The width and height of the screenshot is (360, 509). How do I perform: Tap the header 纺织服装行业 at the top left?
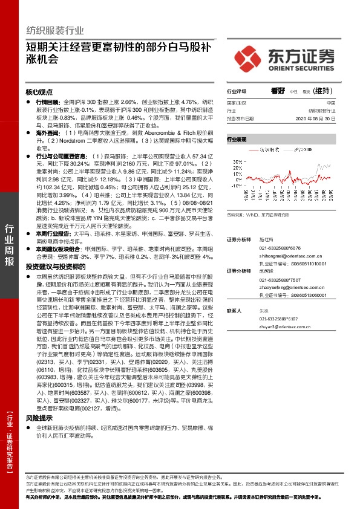55,30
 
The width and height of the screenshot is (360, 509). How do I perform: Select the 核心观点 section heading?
40,92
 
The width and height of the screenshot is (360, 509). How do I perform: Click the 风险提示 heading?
39,418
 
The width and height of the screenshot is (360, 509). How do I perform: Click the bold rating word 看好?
278,91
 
